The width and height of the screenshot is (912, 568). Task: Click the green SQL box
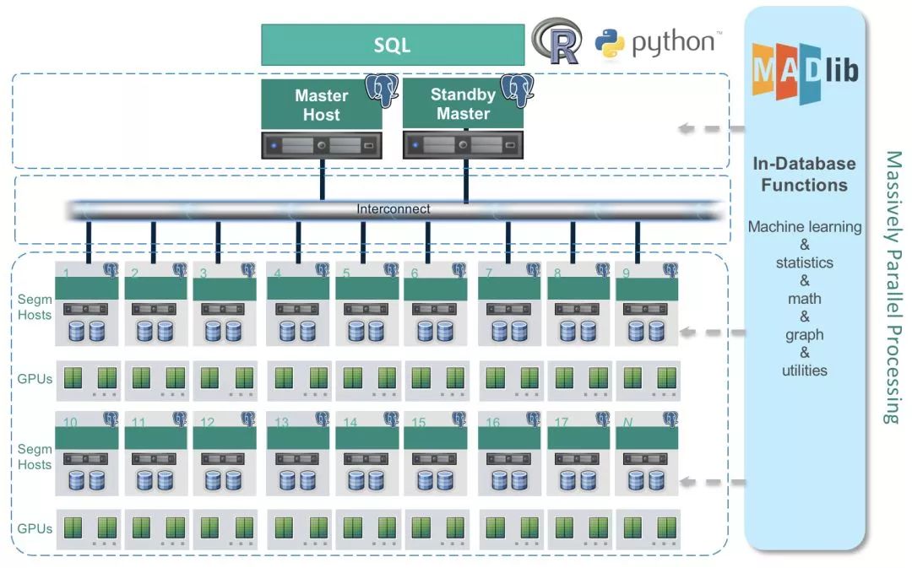pos(393,45)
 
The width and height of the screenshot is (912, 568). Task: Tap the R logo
pos(557,41)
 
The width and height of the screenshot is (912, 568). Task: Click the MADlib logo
pos(806,72)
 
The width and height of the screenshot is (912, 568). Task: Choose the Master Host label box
pos(322,105)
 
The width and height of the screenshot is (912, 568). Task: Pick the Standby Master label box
pos(463,104)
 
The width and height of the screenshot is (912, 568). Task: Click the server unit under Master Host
pos(322,145)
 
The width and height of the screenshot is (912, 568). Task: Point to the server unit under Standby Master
pos(463,145)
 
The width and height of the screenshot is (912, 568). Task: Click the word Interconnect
pos(394,208)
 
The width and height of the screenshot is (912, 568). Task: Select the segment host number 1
pos(87,304)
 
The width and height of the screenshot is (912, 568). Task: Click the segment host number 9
pos(647,304)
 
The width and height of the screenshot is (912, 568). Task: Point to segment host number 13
pos(298,453)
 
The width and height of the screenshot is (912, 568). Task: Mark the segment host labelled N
pos(647,453)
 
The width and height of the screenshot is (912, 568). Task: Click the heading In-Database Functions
pos(805,175)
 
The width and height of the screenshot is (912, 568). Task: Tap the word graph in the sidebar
pos(805,335)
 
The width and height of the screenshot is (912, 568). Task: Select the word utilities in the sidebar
pos(805,371)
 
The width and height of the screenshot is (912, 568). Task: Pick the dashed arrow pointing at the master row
pos(711,128)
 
